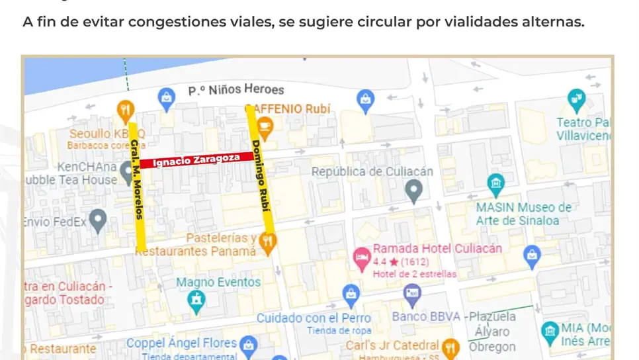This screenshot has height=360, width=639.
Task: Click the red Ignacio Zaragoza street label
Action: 196,159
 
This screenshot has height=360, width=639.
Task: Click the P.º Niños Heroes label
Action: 236,89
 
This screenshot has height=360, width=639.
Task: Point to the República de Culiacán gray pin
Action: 414,192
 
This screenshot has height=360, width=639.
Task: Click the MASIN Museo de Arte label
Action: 523,214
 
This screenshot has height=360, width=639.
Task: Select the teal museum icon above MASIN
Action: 495,183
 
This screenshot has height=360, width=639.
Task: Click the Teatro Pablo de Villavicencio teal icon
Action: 577,101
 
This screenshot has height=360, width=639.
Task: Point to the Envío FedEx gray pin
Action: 98,220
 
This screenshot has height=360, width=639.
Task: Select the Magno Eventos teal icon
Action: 196,302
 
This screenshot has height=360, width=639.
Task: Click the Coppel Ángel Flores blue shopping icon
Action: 248,344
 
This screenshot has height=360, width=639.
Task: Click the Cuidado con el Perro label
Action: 314,318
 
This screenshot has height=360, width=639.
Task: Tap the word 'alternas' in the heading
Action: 551,22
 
